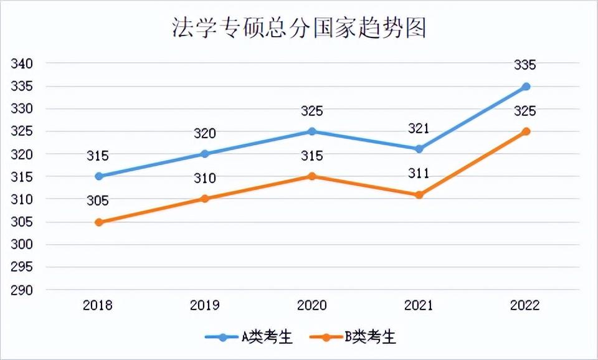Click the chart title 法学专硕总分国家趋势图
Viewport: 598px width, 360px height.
(299, 29)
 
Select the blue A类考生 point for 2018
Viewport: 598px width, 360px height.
(98, 176)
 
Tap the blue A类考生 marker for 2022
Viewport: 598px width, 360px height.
(526, 87)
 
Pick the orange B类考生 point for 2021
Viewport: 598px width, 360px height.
(419, 195)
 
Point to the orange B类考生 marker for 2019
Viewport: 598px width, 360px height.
(205, 199)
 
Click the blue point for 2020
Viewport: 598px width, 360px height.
(312, 131)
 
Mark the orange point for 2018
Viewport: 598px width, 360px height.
(98, 222)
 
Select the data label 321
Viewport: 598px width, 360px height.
(419, 128)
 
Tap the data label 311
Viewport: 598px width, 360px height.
(419, 173)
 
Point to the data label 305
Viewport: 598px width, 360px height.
(98, 201)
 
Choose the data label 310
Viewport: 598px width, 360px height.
(205, 178)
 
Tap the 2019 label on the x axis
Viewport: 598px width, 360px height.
(205, 305)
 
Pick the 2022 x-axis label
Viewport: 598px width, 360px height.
(525, 305)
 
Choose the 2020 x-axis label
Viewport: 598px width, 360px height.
(312, 305)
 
